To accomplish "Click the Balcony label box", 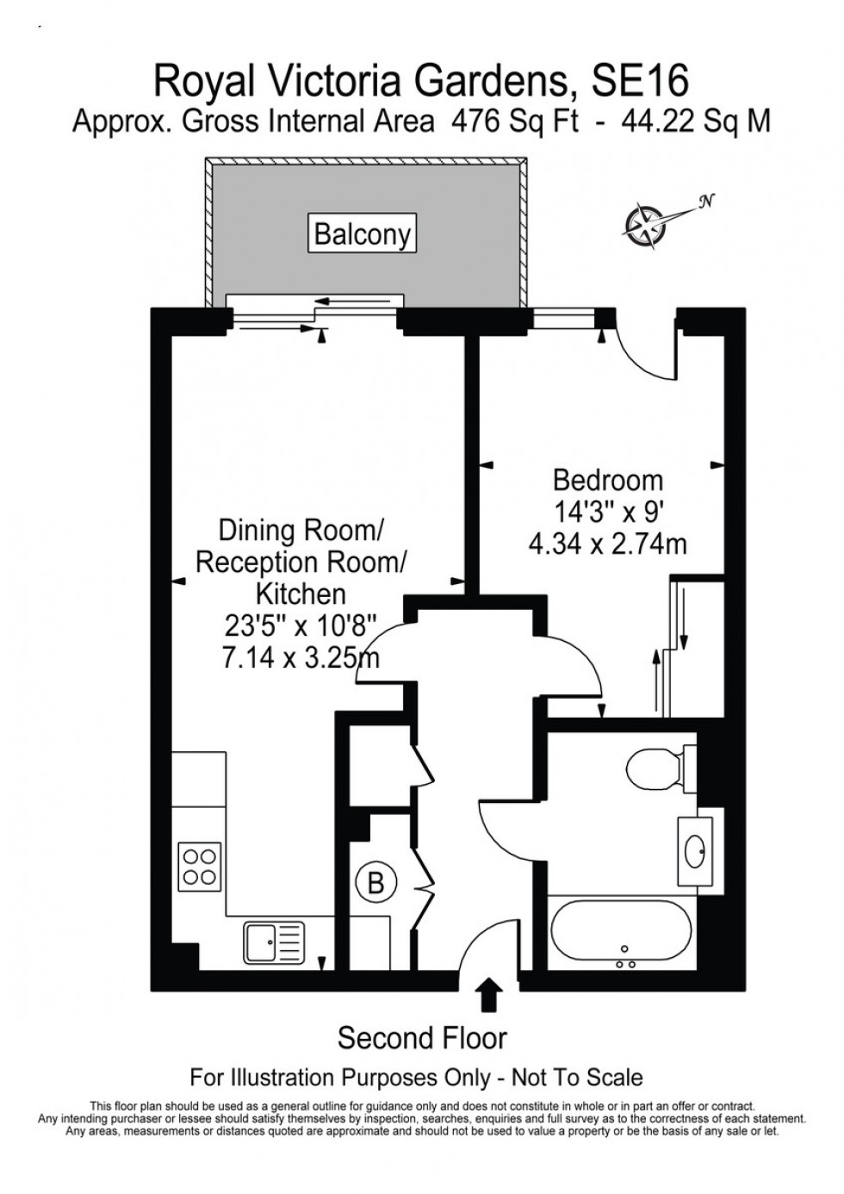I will [362, 233].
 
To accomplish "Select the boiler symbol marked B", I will [375, 883].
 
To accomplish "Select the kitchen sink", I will [274, 941].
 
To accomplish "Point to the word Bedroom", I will [607, 480].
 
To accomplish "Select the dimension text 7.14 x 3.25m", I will [300, 659].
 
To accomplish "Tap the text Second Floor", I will [422, 1038].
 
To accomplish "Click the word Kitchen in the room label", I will [300, 594].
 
